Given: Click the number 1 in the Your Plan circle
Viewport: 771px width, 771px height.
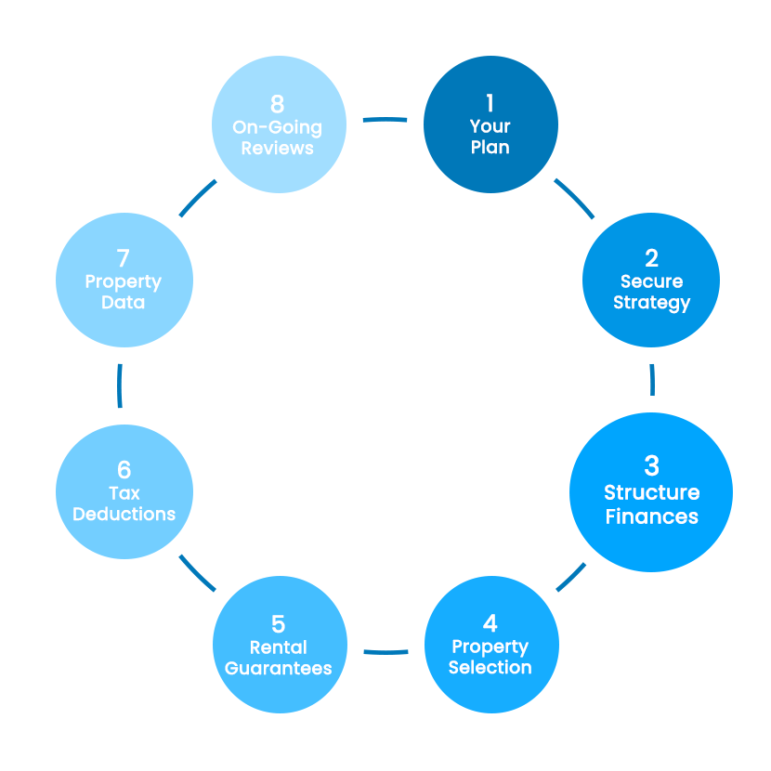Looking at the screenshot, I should pyautogui.click(x=490, y=103).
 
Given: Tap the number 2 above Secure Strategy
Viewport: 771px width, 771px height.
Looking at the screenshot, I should pyautogui.click(x=651, y=258).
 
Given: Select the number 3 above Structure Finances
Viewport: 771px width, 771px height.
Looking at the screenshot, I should pyautogui.click(x=651, y=464).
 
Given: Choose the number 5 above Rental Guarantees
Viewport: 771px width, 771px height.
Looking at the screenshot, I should pyautogui.click(x=279, y=623).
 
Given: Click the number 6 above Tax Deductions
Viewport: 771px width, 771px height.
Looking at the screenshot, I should pyautogui.click(x=124, y=470).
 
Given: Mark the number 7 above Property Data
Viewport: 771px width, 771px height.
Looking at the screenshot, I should pyautogui.click(x=124, y=258).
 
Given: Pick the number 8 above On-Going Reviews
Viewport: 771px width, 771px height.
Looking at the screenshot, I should pyautogui.click(x=277, y=103).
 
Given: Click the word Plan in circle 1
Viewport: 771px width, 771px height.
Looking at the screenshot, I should pyautogui.click(x=490, y=147).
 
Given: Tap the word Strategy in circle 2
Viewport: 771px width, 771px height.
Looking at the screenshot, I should pyautogui.click(x=651, y=303).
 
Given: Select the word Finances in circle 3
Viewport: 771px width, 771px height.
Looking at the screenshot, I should pyautogui.click(x=651, y=516).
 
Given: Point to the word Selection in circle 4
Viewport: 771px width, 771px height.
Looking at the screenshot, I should pyautogui.click(x=490, y=667).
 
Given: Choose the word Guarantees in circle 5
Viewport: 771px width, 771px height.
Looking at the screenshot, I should pyautogui.click(x=279, y=667).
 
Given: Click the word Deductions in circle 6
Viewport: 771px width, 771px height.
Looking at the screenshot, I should pyautogui.click(x=124, y=514).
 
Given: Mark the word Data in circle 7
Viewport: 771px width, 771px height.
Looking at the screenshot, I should pyautogui.click(x=124, y=303).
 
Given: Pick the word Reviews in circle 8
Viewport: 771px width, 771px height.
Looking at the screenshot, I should pyautogui.click(x=277, y=148).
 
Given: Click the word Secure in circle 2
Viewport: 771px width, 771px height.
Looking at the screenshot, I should pyautogui.click(x=651, y=281).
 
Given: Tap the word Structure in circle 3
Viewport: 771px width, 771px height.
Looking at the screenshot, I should pyautogui.click(x=651, y=492).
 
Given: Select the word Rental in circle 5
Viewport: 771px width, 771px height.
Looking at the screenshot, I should pyautogui.click(x=279, y=647).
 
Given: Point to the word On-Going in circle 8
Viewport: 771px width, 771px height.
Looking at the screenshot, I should pyautogui.click(x=277, y=127).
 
